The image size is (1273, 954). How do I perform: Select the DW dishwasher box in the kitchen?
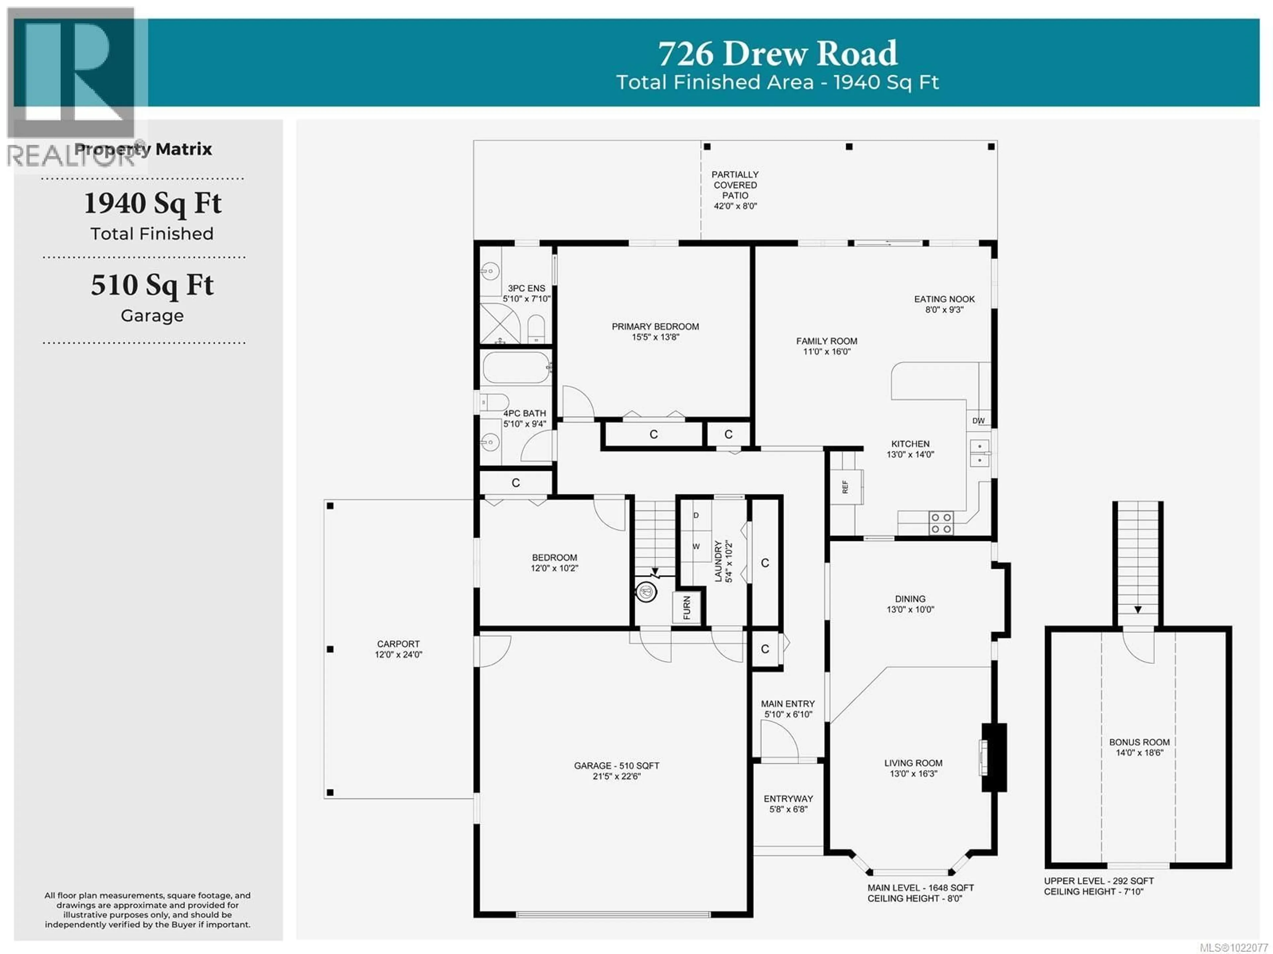pos(978,421)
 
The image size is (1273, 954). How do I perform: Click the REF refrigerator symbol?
pos(845,487)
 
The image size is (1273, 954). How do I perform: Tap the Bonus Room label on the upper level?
pos(1139,747)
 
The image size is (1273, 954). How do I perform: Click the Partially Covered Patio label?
pos(735,190)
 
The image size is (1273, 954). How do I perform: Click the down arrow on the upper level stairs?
pos(1138,610)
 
